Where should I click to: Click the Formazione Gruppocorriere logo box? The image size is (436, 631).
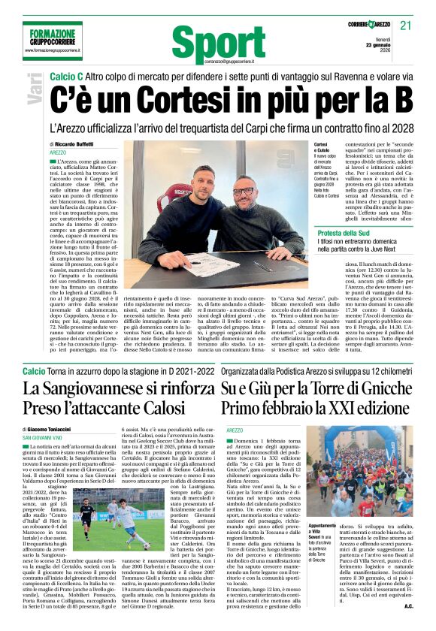(x=53, y=41)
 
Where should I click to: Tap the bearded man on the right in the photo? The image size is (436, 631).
(x=243, y=225)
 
